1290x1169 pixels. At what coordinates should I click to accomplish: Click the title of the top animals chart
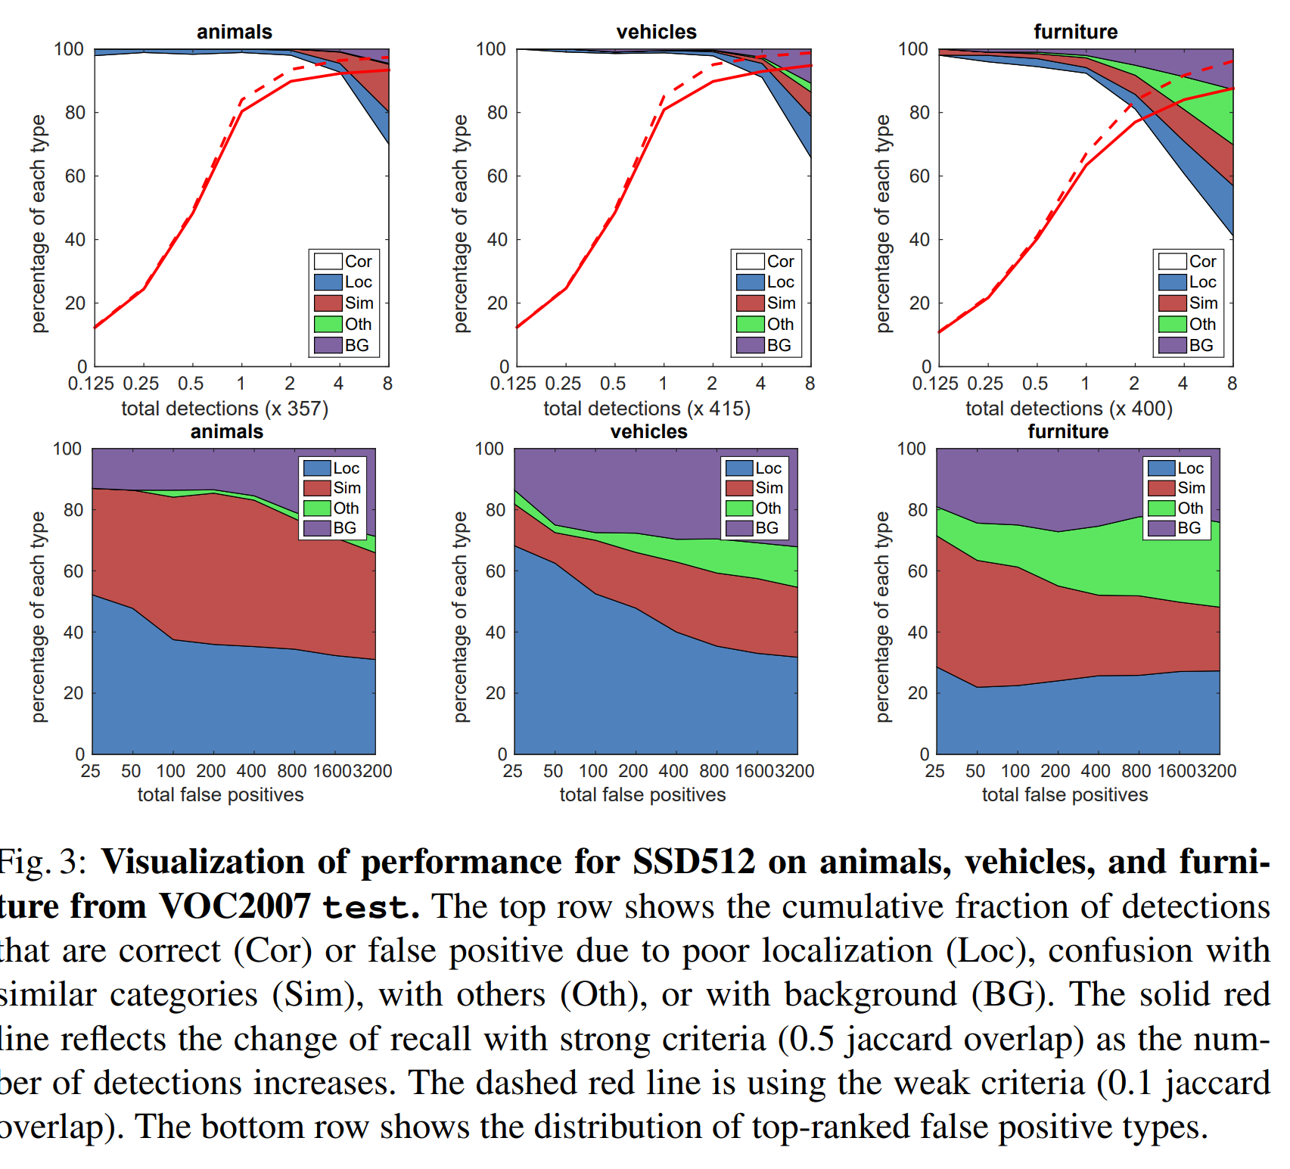tap(234, 32)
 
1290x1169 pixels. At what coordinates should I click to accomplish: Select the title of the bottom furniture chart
tap(1068, 431)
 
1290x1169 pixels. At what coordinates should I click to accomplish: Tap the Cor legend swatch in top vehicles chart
tap(750, 261)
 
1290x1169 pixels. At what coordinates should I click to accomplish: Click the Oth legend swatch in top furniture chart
tap(1172, 324)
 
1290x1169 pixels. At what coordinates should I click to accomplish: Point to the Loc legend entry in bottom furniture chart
tap(1176, 468)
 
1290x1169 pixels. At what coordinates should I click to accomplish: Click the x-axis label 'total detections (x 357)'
tap(225, 409)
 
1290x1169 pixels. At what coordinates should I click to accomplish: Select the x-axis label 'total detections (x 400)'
tap(1068, 409)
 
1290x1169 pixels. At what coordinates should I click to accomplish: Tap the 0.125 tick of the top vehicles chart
tap(513, 384)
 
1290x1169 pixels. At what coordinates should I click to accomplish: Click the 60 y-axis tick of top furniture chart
tap(919, 176)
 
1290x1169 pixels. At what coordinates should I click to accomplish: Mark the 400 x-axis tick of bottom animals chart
tap(251, 771)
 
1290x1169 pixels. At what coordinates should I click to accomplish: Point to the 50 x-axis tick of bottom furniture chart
tap(974, 771)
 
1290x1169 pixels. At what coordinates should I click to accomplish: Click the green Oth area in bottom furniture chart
tap(1097, 560)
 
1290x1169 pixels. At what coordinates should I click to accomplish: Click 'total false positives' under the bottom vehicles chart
tap(642, 794)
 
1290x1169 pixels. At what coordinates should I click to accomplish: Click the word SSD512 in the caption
tap(694, 862)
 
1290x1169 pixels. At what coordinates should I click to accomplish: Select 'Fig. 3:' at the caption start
tap(42, 862)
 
